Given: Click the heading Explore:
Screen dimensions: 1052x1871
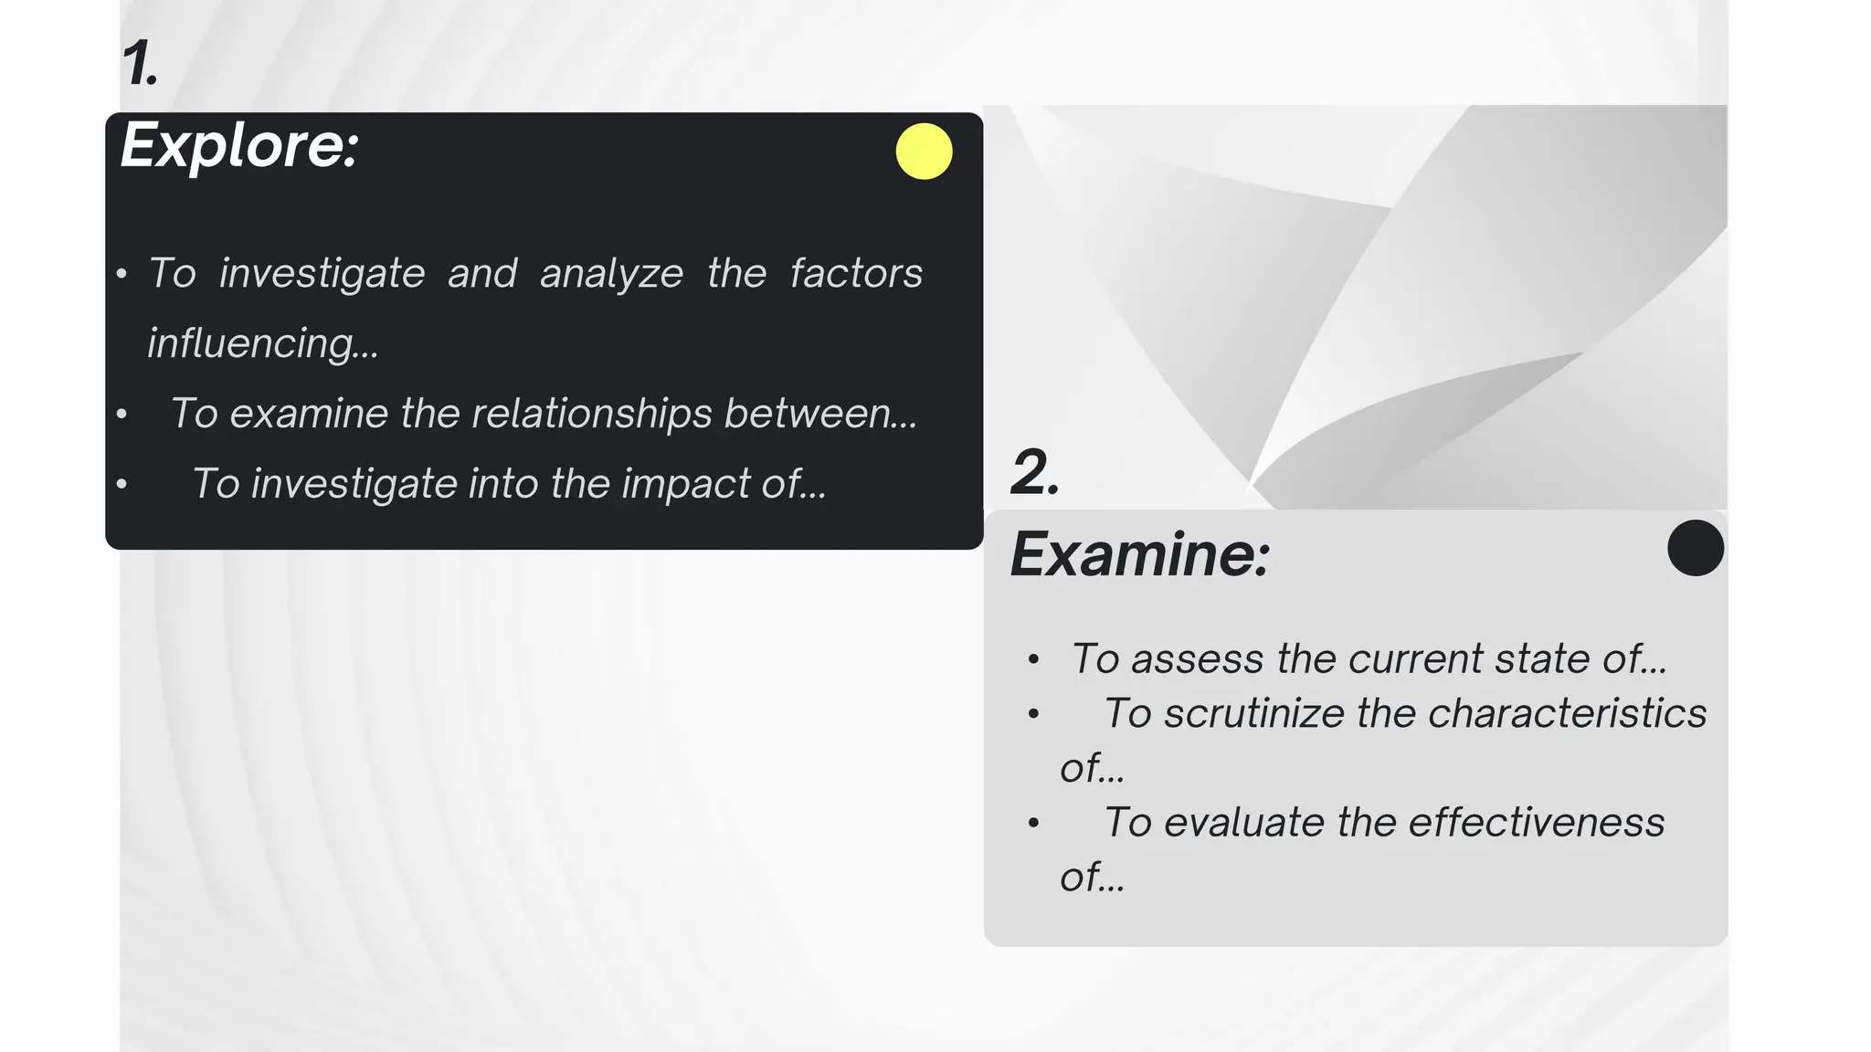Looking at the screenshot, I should pyautogui.click(x=239, y=146).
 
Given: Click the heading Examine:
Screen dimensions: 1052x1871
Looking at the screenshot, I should pyautogui.click(x=1139, y=554).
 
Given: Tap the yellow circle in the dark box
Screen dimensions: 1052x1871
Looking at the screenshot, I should pyautogui.click(x=924, y=152).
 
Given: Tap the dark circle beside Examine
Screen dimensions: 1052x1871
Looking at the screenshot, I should pyautogui.click(x=1695, y=548).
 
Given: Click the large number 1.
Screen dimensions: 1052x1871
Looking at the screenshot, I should pyautogui.click(x=140, y=64).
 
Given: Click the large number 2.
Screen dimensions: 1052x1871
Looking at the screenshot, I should pyautogui.click(x=1034, y=472).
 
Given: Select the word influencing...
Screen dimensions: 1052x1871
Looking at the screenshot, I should pyautogui.click(x=262, y=343).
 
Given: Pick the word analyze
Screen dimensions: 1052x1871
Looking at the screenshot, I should pyautogui.click(x=611, y=273).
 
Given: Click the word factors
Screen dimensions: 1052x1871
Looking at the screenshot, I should pyautogui.click(x=856, y=273).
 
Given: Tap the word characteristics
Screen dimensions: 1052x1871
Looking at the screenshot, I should pyautogui.click(x=1567, y=713).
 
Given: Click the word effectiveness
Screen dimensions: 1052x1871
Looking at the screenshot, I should pyautogui.click(x=1536, y=822).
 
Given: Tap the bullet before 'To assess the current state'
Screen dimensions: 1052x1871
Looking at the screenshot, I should pyautogui.click(x=1033, y=659).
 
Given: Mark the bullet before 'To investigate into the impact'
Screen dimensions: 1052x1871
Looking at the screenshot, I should pyautogui.click(x=122, y=484).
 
